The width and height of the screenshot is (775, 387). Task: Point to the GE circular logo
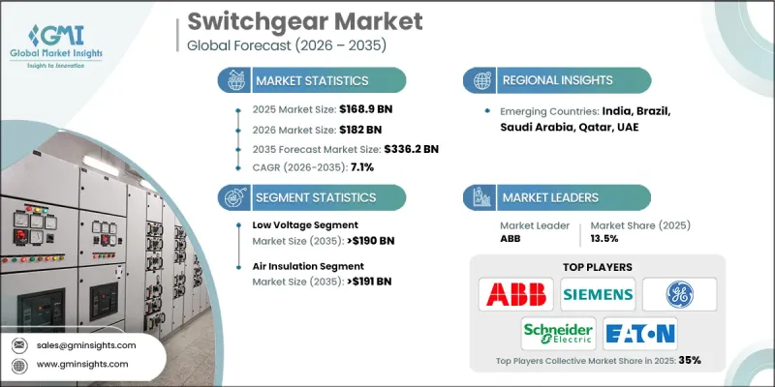point(680,292)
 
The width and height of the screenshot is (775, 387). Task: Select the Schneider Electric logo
point(558,333)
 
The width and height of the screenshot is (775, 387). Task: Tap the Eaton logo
point(639,333)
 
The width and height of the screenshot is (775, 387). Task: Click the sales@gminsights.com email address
point(86,344)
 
